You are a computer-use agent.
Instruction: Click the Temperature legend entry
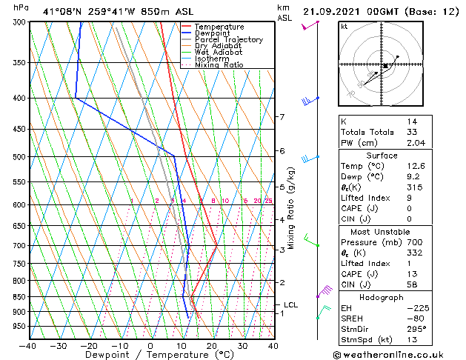218,27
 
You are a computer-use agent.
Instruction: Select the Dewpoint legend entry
213,33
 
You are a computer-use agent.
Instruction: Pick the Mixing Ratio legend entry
219,65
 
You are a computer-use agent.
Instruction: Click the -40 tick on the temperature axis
28,345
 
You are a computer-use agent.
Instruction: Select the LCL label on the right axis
290,304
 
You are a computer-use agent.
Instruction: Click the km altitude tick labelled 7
282,117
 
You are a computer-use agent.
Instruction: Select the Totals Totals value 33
411,132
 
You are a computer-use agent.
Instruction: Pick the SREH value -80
416,319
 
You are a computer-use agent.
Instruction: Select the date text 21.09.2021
332,11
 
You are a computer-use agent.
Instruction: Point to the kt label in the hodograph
344,27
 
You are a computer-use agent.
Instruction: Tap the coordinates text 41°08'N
60,11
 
